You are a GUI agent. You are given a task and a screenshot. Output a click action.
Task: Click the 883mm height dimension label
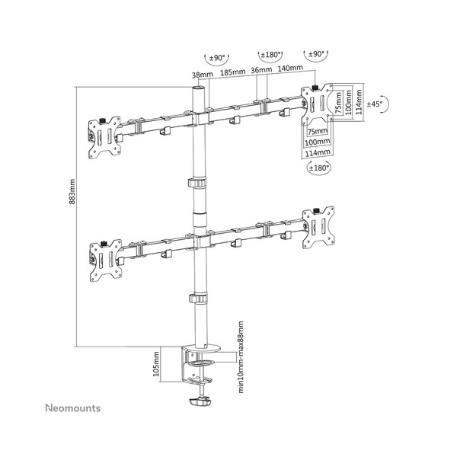click(x=72, y=191)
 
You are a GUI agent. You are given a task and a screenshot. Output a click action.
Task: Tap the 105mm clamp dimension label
click(x=156, y=363)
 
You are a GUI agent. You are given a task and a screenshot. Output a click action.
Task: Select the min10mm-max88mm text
click(x=241, y=357)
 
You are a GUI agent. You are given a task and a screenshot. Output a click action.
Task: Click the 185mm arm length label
click(x=232, y=72)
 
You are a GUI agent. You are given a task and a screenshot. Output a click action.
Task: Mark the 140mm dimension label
click(x=290, y=68)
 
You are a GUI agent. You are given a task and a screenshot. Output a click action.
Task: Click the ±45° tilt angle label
click(x=375, y=104)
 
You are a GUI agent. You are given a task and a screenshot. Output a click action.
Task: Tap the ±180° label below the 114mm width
click(x=319, y=168)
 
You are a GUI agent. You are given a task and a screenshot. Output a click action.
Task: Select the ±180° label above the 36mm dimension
click(x=270, y=55)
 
